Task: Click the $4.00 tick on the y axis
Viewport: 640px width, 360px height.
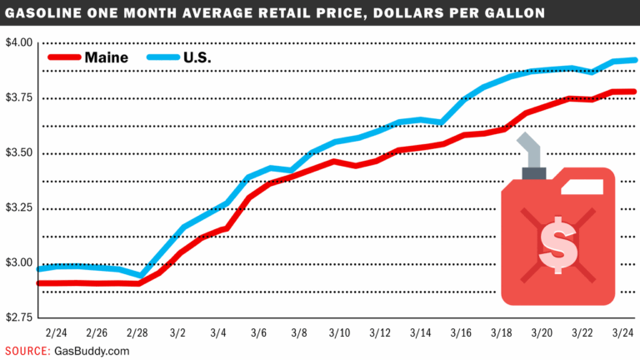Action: [x=17, y=42]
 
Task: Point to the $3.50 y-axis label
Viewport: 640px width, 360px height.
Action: [x=17, y=152]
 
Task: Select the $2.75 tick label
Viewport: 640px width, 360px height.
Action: [x=17, y=317]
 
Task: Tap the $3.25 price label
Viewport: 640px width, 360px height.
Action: [x=17, y=207]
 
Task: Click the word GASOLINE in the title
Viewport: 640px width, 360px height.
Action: [x=51, y=14]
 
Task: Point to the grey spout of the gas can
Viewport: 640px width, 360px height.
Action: [x=532, y=150]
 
